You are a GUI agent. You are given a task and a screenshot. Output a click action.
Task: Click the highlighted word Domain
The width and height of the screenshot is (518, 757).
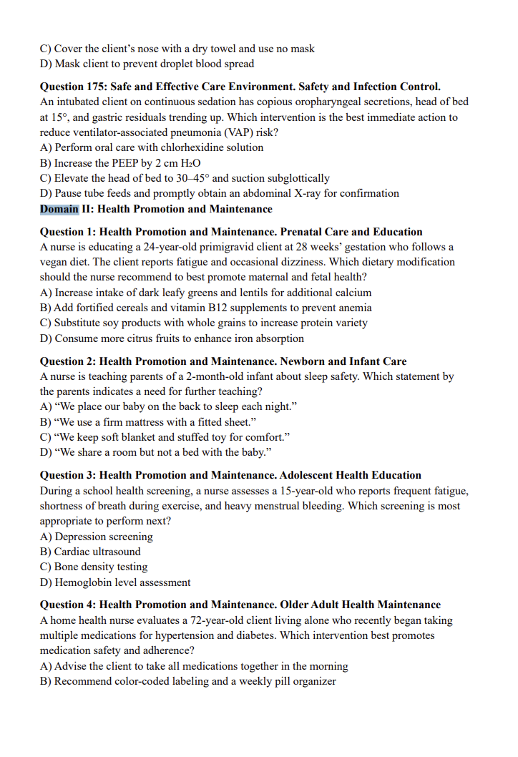pos(59,209)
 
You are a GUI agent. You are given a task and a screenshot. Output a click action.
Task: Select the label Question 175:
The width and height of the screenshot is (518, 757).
pos(74,87)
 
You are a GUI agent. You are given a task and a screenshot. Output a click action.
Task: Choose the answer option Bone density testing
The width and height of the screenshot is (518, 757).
pos(101,567)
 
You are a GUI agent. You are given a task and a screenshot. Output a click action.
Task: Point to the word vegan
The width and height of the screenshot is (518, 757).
pos(54,262)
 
